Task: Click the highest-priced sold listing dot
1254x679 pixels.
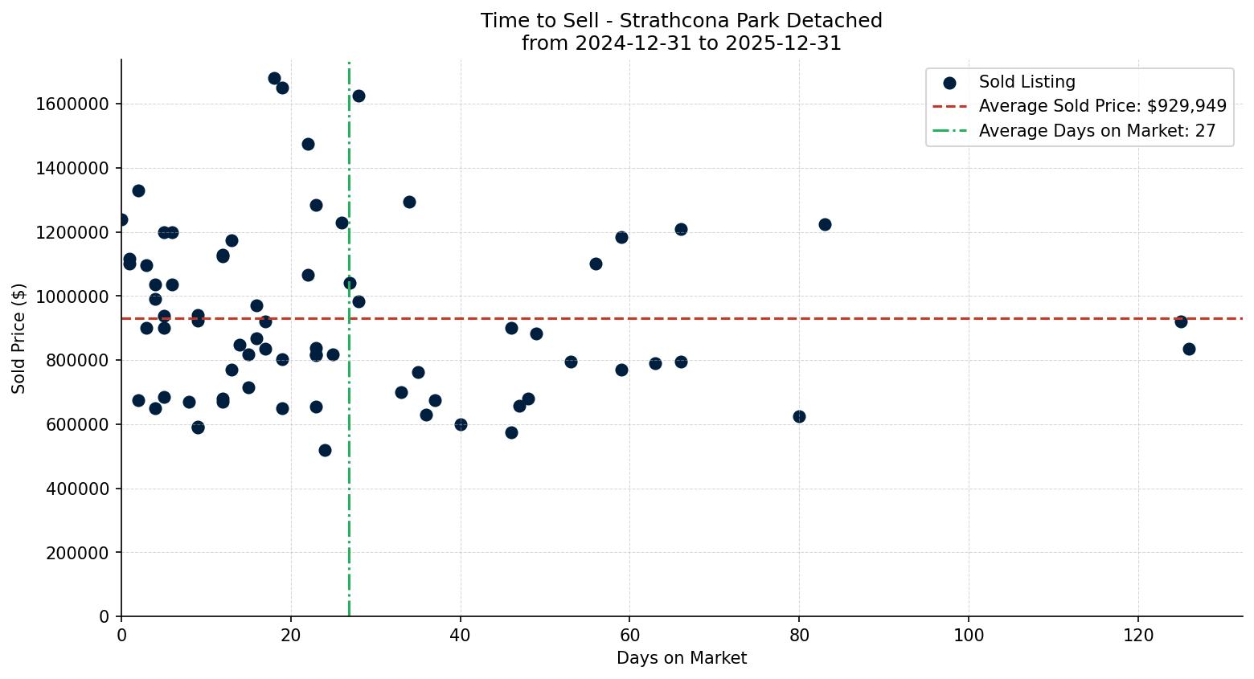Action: pyautogui.click(x=274, y=79)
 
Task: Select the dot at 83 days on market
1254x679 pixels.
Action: pyautogui.click(x=825, y=224)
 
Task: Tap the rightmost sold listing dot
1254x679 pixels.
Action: pyautogui.click(x=1189, y=349)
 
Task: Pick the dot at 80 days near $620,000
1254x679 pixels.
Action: pyautogui.click(x=799, y=416)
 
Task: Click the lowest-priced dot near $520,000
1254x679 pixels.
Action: pyautogui.click(x=325, y=450)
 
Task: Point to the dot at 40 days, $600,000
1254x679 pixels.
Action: pyautogui.click(x=461, y=424)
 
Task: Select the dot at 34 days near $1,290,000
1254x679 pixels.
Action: pyautogui.click(x=409, y=202)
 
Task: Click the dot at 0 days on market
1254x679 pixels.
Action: pyautogui.click(x=122, y=219)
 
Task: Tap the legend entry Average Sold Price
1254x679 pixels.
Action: pyautogui.click(x=1102, y=106)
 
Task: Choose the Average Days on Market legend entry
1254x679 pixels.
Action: pyautogui.click(x=1096, y=131)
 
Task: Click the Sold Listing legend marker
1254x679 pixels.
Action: pyautogui.click(x=949, y=82)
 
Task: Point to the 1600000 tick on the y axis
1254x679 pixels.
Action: pyautogui.click(x=72, y=104)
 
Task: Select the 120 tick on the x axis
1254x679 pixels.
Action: pyautogui.click(x=1138, y=636)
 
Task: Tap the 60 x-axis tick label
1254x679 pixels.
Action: pyautogui.click(x=629, y=636)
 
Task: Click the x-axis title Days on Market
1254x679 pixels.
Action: pyautogui.click(x=681, y=658)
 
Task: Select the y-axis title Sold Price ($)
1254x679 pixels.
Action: pyautogui.click(x=19, y=338)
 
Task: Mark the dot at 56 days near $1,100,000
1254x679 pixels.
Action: pyautogui.click(x=596, y=264)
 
